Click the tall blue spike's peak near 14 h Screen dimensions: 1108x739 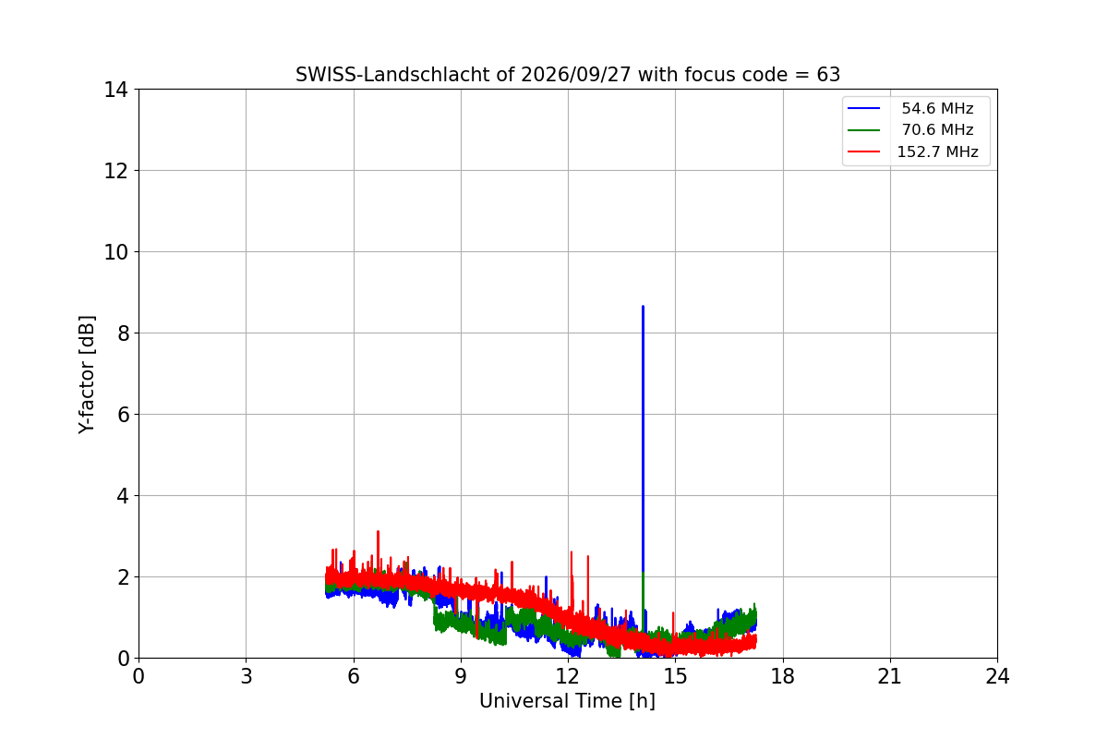[643, 307]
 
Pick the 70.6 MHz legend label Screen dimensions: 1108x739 [937, 129]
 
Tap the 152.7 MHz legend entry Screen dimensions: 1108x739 [912, 151]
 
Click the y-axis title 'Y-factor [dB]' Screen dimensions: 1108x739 [87, 374]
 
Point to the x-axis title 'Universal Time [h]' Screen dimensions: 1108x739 [567, 701]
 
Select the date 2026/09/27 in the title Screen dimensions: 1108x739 [576, 75]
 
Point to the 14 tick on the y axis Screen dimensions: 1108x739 [115, 90]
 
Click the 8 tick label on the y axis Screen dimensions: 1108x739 [123, 333]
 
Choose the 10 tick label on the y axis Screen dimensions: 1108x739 [115, 252]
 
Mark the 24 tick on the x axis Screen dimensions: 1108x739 [997, 676]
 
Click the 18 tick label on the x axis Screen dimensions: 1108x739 [783, 676]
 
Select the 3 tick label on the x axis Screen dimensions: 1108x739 [247, 676]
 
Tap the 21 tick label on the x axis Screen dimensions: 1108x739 [890, 676]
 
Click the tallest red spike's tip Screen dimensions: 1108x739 [378, 531]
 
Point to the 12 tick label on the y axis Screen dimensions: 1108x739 [115, 171]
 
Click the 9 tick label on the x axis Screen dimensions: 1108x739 [461, 676]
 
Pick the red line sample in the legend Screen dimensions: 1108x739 [863, 151]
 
